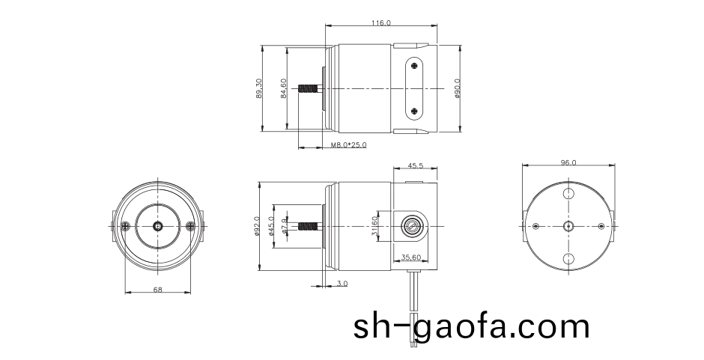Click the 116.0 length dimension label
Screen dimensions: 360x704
(x=380, y=23)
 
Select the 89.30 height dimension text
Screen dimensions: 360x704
(x=259, y=89)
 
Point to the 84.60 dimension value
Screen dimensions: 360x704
(x=283, y=89)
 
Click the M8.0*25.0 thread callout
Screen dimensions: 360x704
(x=348, y=145)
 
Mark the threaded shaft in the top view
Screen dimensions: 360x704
(x=308, y=89)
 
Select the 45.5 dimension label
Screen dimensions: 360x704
(x=416, y=165)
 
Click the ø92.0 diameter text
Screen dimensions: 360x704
(x=257, y=226)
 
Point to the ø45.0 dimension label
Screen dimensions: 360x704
(x=271, y=226)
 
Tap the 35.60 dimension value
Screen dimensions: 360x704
(x=411, y=257)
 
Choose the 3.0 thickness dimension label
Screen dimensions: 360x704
(x=342, y=284)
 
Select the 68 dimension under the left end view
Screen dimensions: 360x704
(x=157, y=289)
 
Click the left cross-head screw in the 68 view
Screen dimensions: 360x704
(x=124, y=226)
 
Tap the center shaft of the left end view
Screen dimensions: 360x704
(x=157, y=226)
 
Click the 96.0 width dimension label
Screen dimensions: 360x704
(x=568, y=162)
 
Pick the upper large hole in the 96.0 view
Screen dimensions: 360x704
(x=568, y=194)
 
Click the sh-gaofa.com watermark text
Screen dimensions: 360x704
(x=471, y=327)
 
